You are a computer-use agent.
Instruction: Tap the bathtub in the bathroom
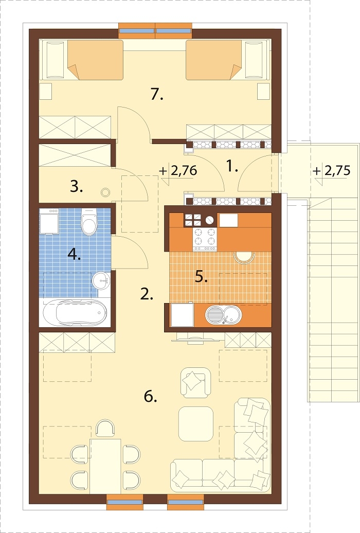[x=75, y=313]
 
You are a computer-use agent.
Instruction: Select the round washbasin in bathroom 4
[x=101, y=280]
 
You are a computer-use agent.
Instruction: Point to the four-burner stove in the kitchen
[x=205, y=239]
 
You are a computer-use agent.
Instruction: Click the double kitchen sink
[x=223, y=315]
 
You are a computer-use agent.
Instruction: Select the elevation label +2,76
[x=178, y=171]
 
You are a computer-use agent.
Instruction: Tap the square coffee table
[x=196, y=423]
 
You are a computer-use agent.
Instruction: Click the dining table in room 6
[x=105, y=466]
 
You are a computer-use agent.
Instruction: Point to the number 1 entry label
[x=232, y=167]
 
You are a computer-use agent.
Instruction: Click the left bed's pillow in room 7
[x=55, y=60]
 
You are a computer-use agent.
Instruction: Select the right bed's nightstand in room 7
[x=263, y=91]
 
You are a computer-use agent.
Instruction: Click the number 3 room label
[x=77, y=187]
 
